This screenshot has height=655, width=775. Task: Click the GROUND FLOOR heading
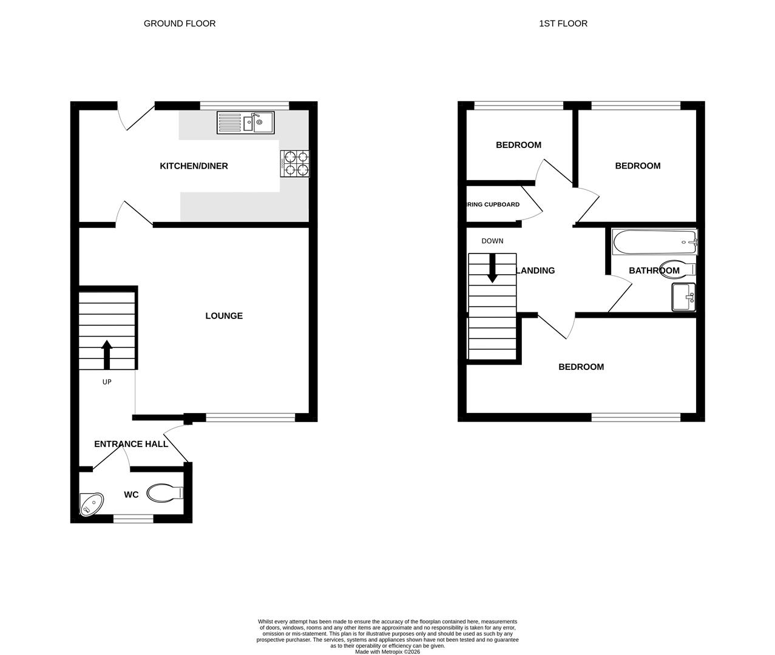coord(179,24)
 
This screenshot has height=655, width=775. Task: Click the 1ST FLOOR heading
coord(563,24)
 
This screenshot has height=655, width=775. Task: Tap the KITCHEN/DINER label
coord(194,166)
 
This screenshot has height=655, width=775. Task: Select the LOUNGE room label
coord(224,316)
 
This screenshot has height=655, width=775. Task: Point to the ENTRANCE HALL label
coord(131,444)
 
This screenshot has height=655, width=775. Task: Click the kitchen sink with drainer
coord(245,123)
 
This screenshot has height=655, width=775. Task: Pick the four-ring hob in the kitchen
coord(295,163)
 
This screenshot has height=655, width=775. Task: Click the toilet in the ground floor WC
coord(164,493)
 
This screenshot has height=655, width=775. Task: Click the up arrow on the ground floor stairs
coord(107,354)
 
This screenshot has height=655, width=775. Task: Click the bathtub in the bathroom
coord(654,242)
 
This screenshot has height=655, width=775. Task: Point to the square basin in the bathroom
coord(684,297)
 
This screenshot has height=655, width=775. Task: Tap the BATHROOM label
coord(654,270)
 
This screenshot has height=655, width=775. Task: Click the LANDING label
coord(535,270)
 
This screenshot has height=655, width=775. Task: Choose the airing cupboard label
coord(493,204)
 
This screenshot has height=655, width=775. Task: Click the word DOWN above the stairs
coord(492,241)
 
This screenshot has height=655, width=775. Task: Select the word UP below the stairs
coord(107,382)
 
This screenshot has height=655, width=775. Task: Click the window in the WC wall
coord(134,519)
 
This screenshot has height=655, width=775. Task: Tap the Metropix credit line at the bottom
coord(387,652)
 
